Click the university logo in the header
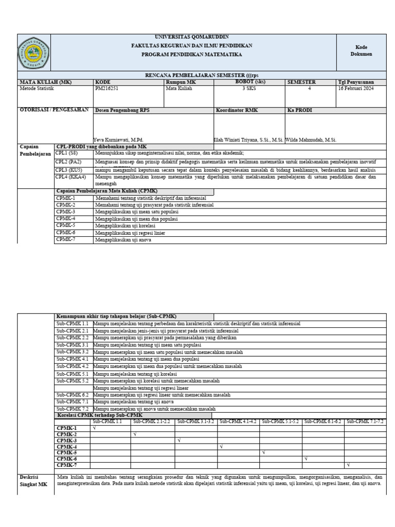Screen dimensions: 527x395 click(34, 53)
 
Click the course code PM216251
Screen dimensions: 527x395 click(106, 89)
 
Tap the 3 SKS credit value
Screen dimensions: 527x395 click(250, 89)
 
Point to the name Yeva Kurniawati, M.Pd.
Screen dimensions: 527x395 click(118, 139)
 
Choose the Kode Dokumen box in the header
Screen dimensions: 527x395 click(361, 50)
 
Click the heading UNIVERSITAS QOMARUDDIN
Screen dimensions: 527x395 click(192, 37)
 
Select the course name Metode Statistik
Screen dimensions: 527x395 click(37, 89)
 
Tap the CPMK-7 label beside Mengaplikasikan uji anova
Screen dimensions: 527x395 click(66, 239)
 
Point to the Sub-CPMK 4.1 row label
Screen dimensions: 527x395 click(73, 359)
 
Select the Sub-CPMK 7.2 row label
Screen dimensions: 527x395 click(73, 408)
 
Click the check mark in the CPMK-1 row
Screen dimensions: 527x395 click(94, 428)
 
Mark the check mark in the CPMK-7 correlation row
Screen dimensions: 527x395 click(349, 465)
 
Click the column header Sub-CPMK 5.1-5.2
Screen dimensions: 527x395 click(280, 421)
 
